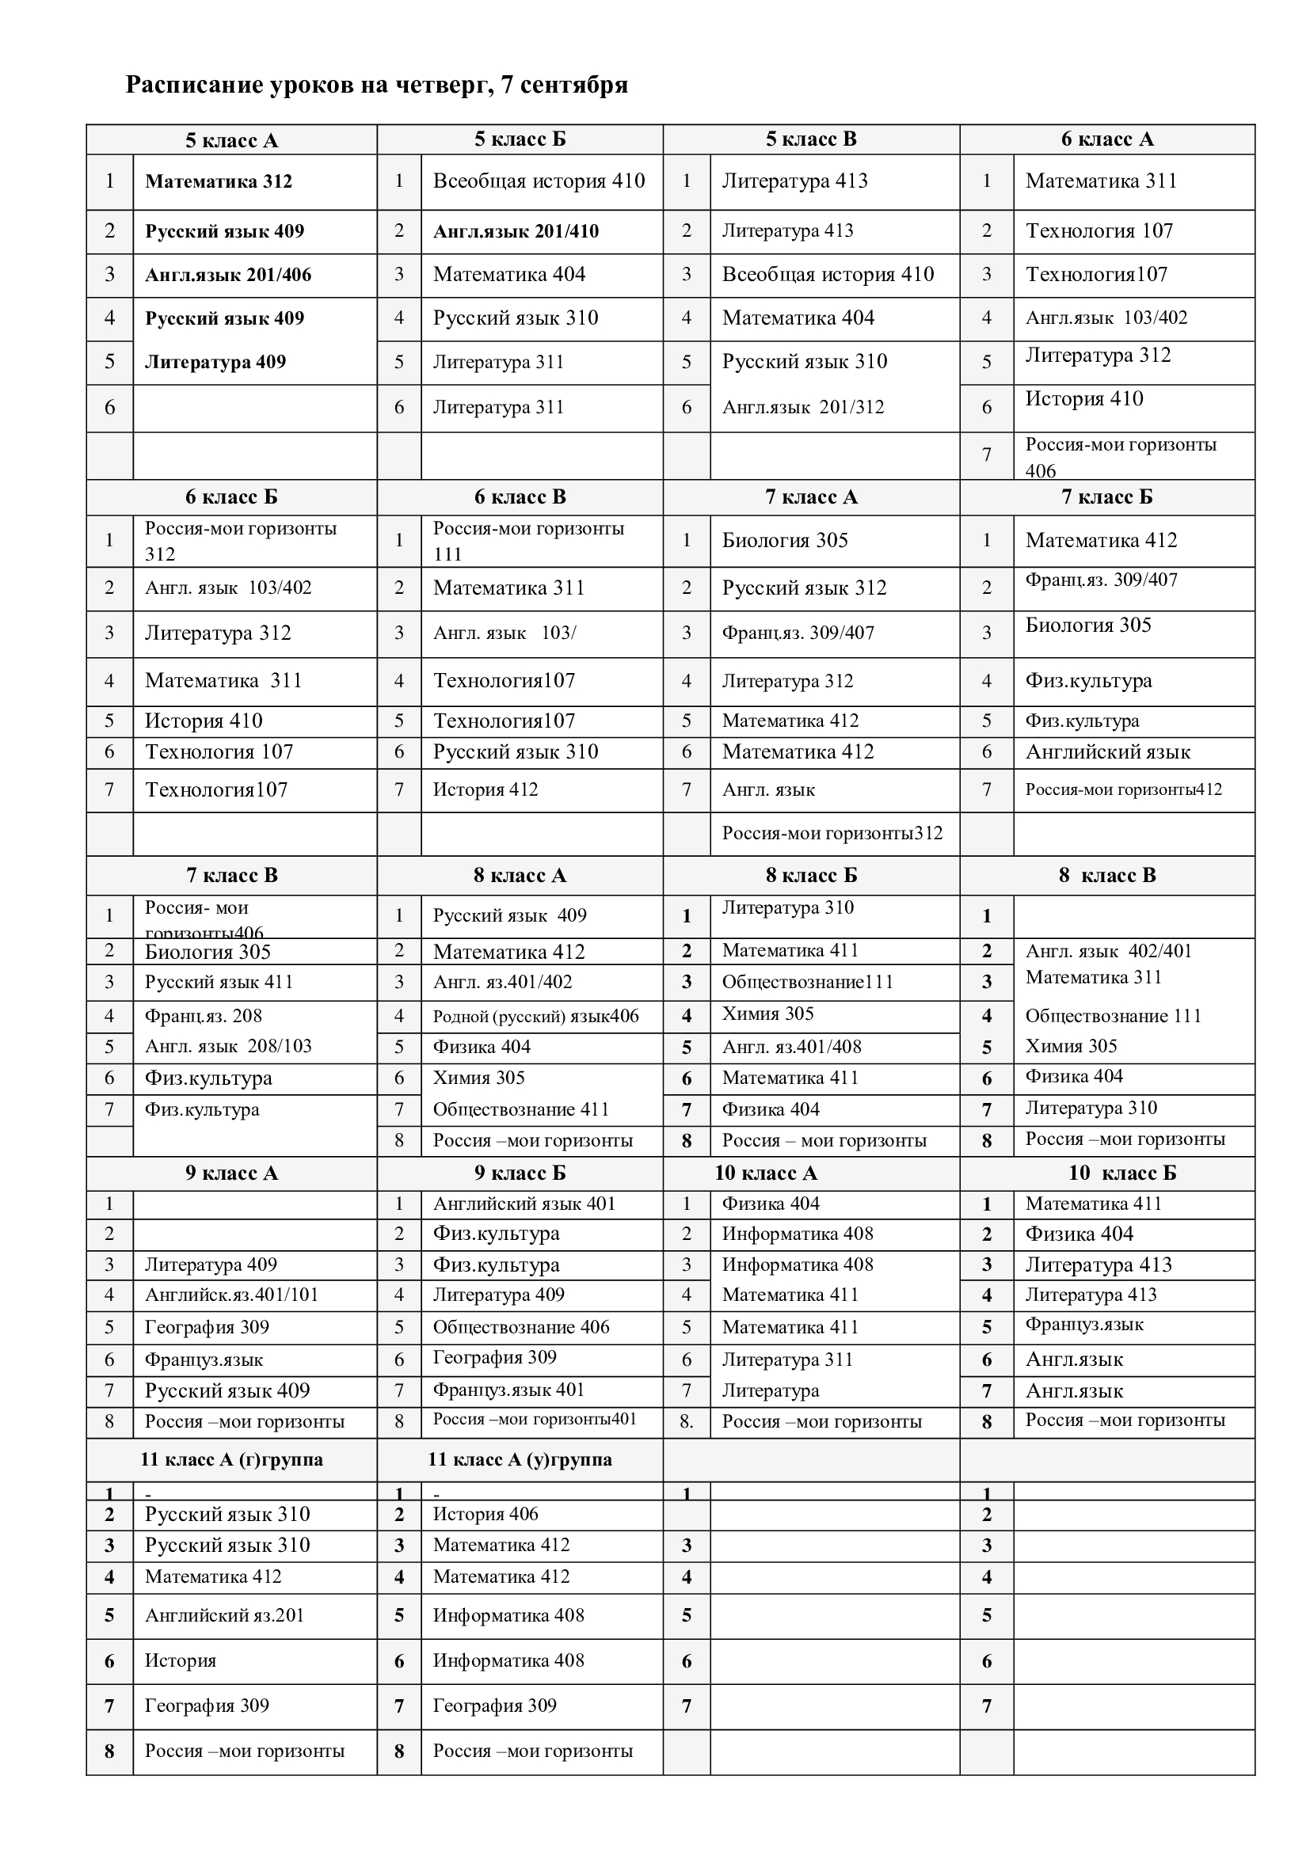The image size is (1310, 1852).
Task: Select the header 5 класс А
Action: coord(231,140)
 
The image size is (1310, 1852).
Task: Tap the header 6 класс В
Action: coord(520,497)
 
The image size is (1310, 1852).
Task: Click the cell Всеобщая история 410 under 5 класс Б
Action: coord(539,181)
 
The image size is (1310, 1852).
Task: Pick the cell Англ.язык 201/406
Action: coord(227,275)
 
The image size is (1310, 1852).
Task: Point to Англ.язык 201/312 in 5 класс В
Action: coord(802,407)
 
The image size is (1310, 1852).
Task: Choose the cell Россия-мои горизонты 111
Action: coord(528,541)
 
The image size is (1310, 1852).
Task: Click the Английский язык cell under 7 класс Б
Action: coord(1107,751)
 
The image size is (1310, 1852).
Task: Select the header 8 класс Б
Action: coord(812,875)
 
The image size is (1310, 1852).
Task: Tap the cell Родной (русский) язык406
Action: coord(535,1016)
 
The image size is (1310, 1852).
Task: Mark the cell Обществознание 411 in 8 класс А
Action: coord(521,1109)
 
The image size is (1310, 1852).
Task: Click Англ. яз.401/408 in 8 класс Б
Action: coord(791,1047)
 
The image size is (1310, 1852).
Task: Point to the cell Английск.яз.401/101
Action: coord(231,1295)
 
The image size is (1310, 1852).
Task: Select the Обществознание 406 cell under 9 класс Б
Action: coord(521,1327)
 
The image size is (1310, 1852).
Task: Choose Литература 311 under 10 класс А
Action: coord(787,1360)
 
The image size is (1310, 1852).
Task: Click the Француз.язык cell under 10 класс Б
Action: coord(1084,1325)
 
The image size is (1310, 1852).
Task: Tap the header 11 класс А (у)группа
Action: coord(520,1459)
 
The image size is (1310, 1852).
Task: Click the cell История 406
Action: coord(486,1514)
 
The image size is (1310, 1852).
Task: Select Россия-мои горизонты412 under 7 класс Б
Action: coord(1124,789)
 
